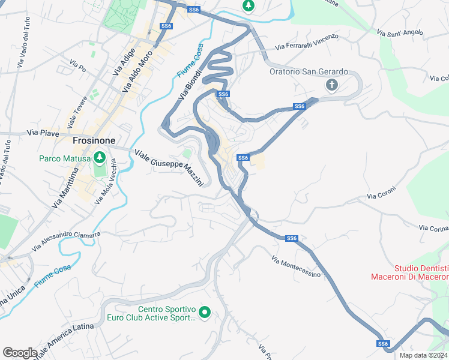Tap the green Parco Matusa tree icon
[100, 158]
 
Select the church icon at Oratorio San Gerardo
[331, 85]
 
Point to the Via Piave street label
[44, 133]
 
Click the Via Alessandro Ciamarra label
[67, 239]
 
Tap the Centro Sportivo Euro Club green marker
[205, 311]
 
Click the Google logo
[20, 353]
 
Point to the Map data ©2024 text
[423, 355]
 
